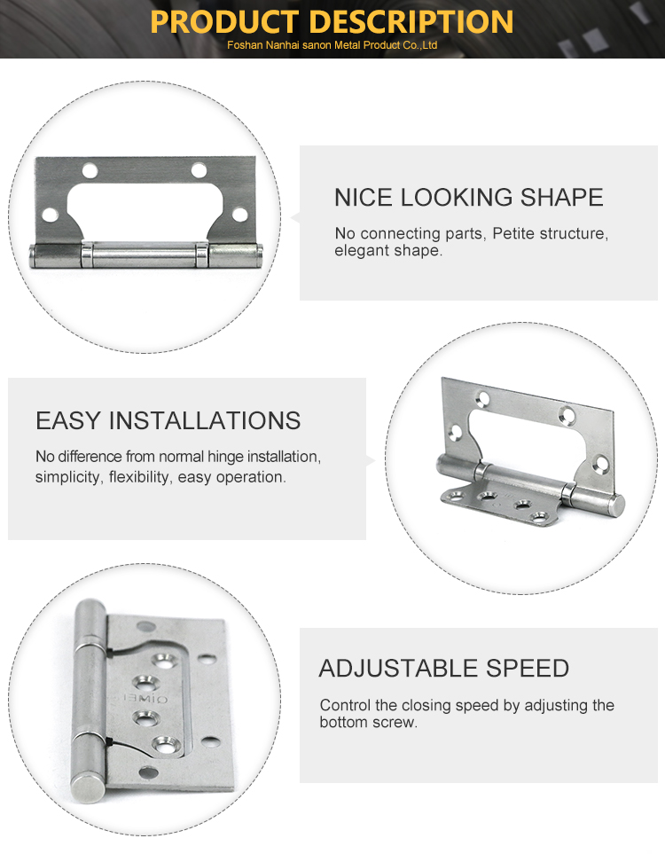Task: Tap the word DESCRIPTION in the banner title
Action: pyautogui.click(x=414, y=22)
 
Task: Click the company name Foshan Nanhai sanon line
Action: pyautogui.click(x=332, y=45)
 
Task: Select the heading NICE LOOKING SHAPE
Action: pyautogui.click(x=469, y=197)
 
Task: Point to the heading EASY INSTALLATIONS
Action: pyautogui.click(x=168, y=420)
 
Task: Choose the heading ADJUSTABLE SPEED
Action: pyautogui.click(x=444, y=669)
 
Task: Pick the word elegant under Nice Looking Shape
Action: pyautogui.click(x=356, y=251)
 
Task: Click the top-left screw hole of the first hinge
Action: pyautogui.click(x=90, y=170)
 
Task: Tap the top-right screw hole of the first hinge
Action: pyautogui.click(x=199, y=170)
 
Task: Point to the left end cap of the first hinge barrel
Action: pyautogui.click(x=33, y=256)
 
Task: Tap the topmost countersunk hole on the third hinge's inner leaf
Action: pyautogui.click(x=164, y=660)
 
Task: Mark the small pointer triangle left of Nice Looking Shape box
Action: pyautogui.click(x=296, y=218)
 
